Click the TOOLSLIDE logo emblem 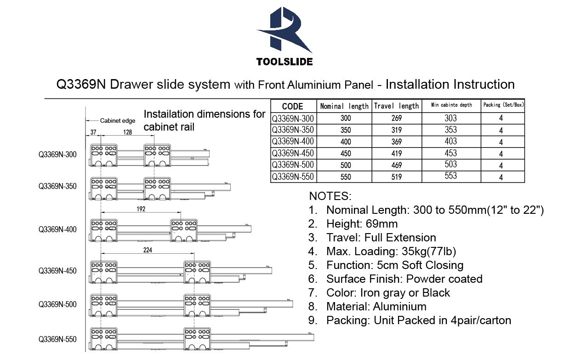point(284,30)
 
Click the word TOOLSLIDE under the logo point(284,62)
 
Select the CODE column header point(293,106)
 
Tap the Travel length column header point(396,106)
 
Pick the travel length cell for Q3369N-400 point(397,142)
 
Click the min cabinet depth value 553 point(451,176)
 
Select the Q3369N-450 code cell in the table point(293,153)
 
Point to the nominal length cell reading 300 point(346,118)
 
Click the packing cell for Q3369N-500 point(501,166)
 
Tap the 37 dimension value point(93,132)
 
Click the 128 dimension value point(127,132)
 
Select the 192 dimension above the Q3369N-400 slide point(141,209)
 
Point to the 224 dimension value point(148,250)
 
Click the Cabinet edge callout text point(118,120)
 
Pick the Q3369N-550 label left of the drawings point(57,339)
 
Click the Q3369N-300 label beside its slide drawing point(57,154)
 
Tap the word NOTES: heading point(330,196)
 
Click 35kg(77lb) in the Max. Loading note point(429,251)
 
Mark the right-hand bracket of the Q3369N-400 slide point(184,230)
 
